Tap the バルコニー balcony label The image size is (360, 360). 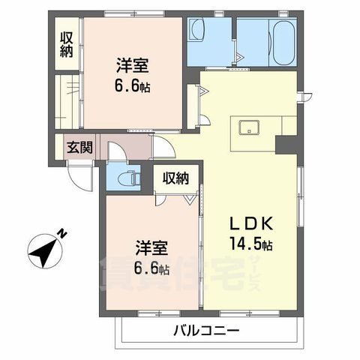point(207,331)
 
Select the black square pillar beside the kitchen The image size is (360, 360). point(286,145)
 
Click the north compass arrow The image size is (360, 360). point(46,248)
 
